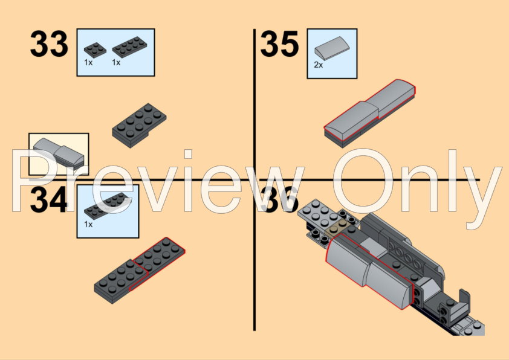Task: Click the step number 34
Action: pyautogui.click(x=48, y=200)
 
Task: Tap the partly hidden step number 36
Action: pyautogui.click(x=279, y=199)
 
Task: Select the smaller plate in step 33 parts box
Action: pyautogui.click(x=94, y=49)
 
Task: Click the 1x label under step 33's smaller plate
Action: pyautogui.click(x=88, y=62)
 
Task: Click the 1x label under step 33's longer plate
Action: pyautogui.click(x=117, y=62)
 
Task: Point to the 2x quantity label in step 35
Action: pyautogui.click(x=318, y=65)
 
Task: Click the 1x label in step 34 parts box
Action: pyautogui.click(x=88, y=224)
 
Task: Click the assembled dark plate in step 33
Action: pyautogui.click(x=139, y=124)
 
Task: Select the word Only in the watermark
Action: pyautogui.click(x=417, y=181)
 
